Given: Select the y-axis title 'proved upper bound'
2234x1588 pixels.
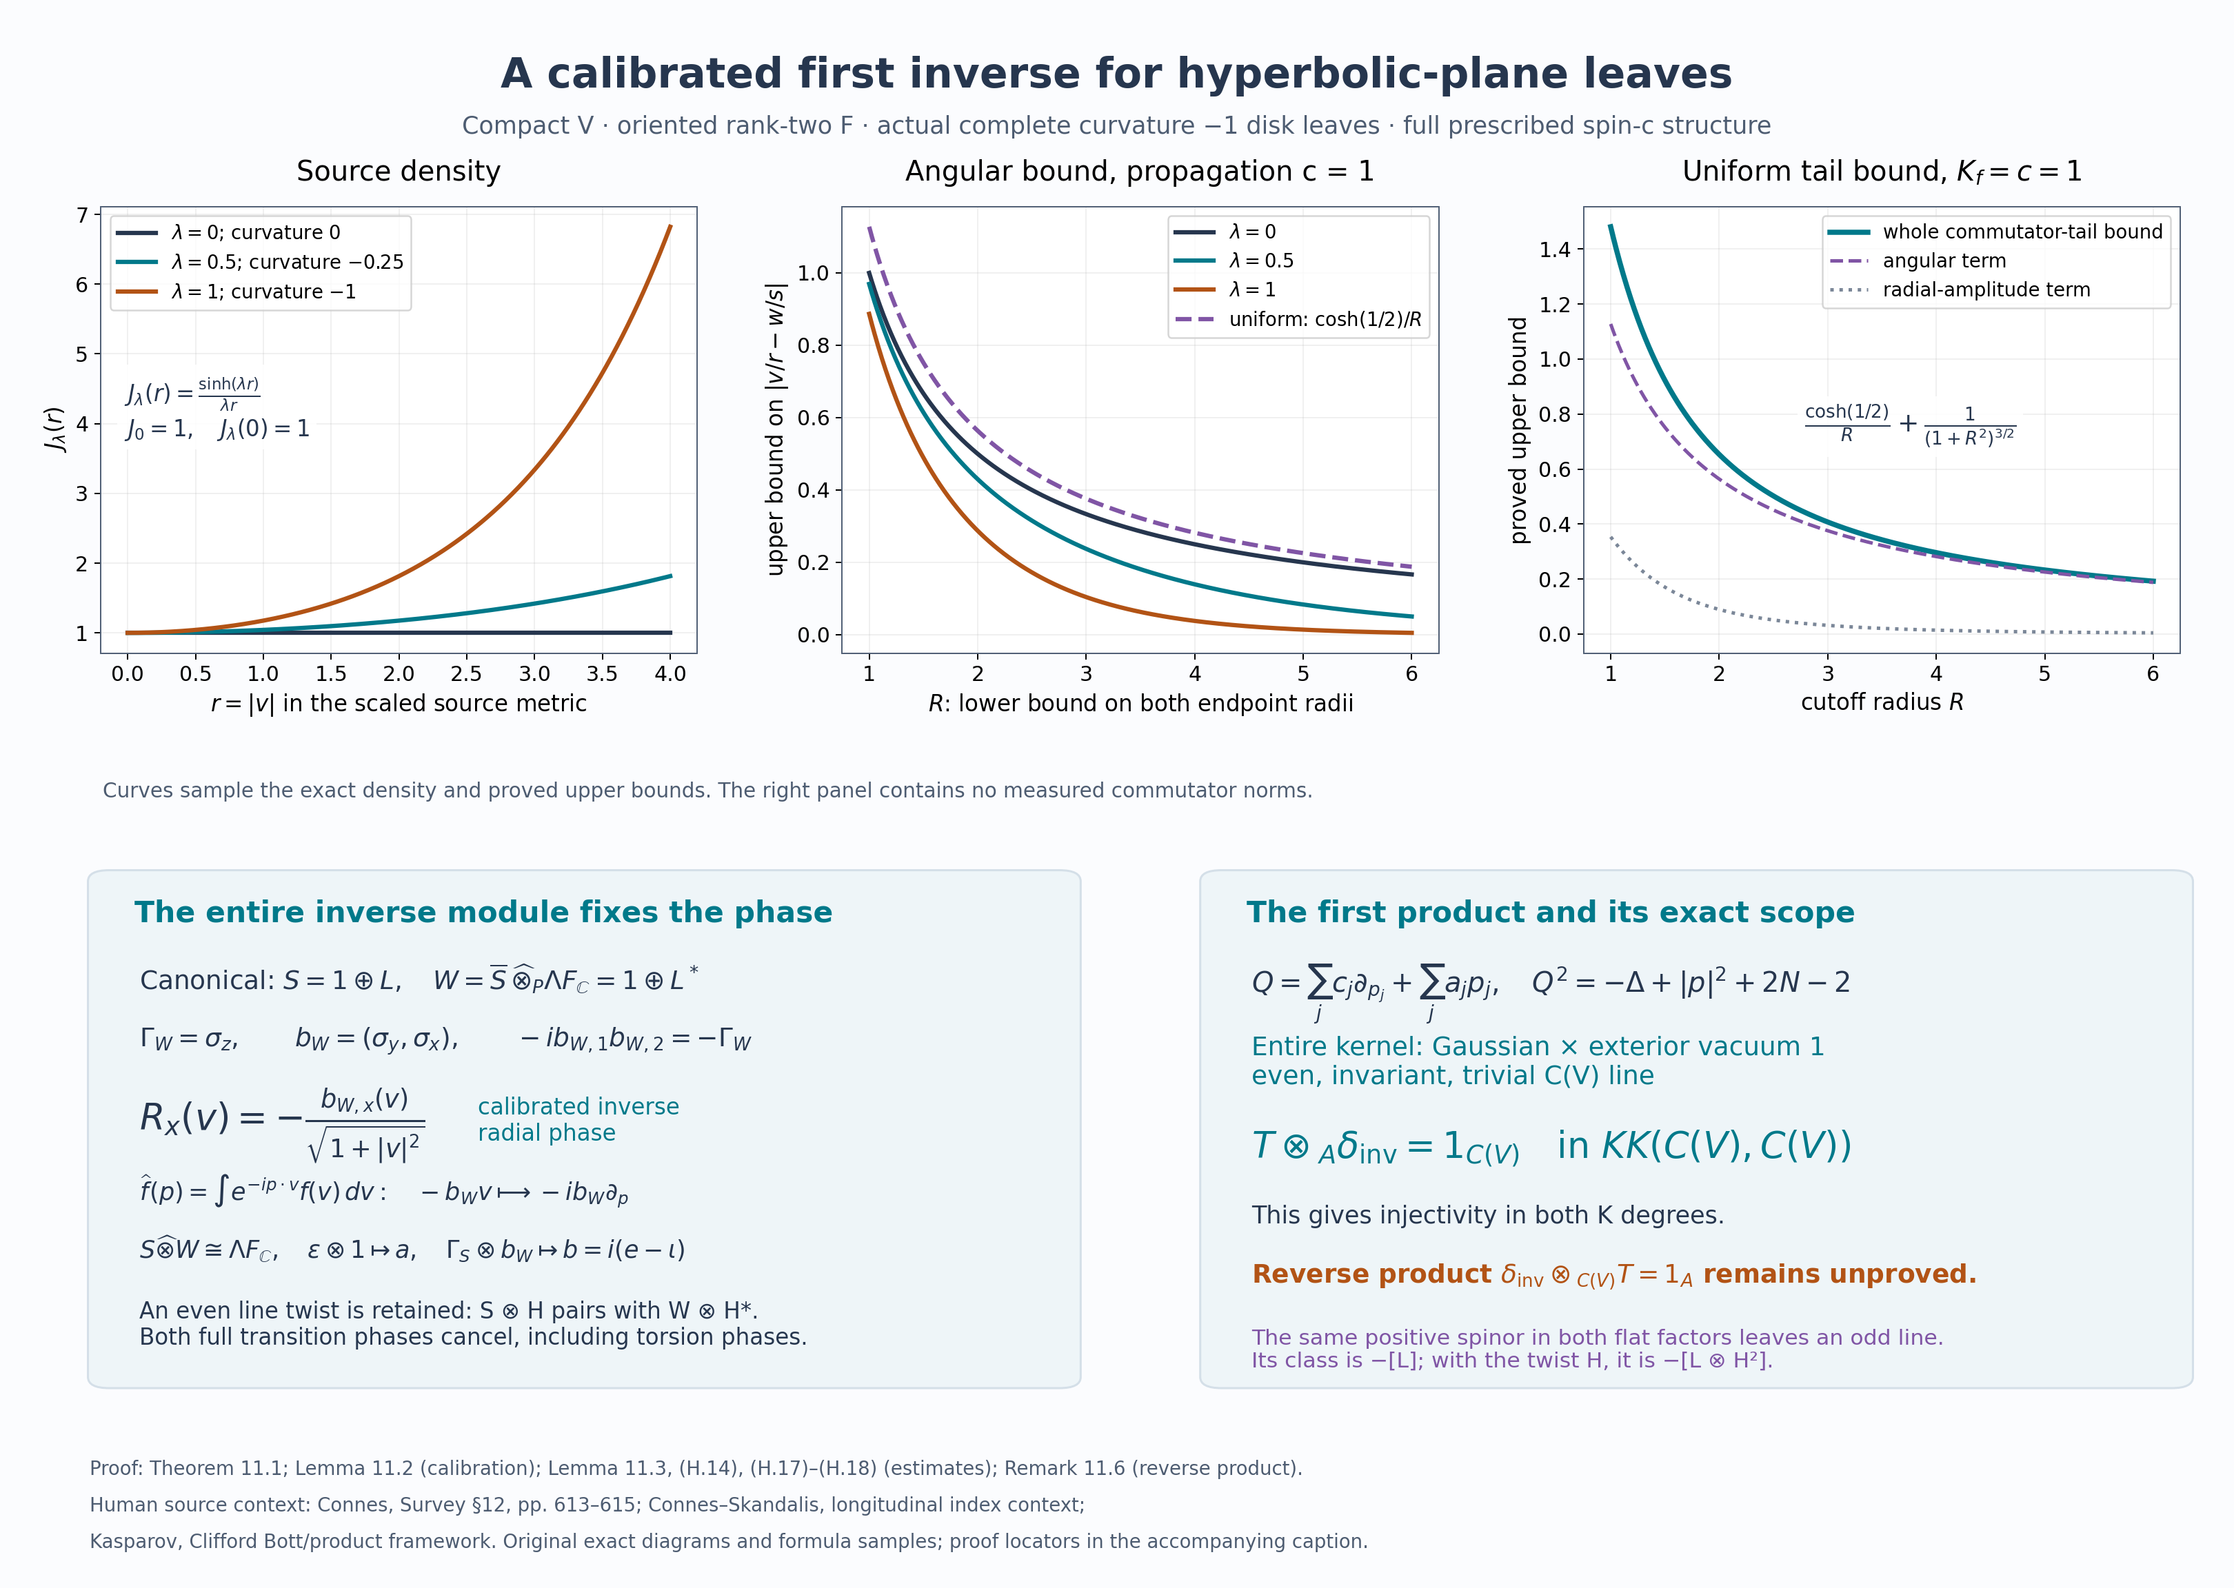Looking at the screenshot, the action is click(x=1518, y=430).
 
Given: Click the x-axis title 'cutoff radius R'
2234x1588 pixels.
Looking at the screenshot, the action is click(x=1882, y=702).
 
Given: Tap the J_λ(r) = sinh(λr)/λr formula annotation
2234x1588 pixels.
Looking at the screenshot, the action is click(x=192, y=393).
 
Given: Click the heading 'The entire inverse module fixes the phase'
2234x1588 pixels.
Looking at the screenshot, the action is click(x=483, y=913).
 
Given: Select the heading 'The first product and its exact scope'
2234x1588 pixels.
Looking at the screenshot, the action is click(x=1550, y=913).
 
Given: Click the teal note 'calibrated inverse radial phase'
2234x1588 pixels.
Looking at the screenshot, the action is click(x=578, y=1119).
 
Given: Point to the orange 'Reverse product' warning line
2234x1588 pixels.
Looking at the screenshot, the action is click(x=1614, y=1275).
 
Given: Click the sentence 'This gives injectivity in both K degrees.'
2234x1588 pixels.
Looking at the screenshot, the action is click(x=1488, y=1215).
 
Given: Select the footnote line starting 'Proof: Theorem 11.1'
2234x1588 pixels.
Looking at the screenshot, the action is click(x=696, y=1469).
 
